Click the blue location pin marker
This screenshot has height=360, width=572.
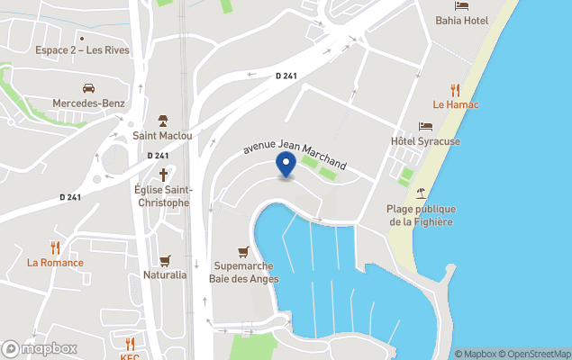coord(286,165)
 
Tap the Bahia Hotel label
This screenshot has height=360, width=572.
coord(461,19)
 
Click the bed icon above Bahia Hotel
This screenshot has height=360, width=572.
coord(461,4)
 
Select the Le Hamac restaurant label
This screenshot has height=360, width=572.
coord(456,105)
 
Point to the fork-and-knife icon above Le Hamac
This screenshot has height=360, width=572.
coord(456,90)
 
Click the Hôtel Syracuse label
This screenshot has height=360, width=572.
coord(425,141)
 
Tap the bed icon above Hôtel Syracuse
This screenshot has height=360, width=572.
coord(425,127)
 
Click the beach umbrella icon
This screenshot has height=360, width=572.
coord(421,193)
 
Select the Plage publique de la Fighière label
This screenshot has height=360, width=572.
coord(421,215)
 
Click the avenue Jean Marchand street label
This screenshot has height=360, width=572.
coord(295,154)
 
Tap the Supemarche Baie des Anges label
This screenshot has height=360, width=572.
coord(246,272)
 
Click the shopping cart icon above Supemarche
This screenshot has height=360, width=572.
coord(242,251)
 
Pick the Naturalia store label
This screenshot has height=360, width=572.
coord(165,274)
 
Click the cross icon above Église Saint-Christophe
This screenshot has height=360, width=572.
coord(162,173)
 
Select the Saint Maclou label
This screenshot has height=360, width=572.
coord(162,136)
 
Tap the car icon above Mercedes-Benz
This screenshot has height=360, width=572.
coord(88,88)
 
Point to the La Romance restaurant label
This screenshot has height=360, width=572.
coord(55,263)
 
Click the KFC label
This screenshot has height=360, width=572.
coord(130,356)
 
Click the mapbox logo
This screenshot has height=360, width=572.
coord(41,348)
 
